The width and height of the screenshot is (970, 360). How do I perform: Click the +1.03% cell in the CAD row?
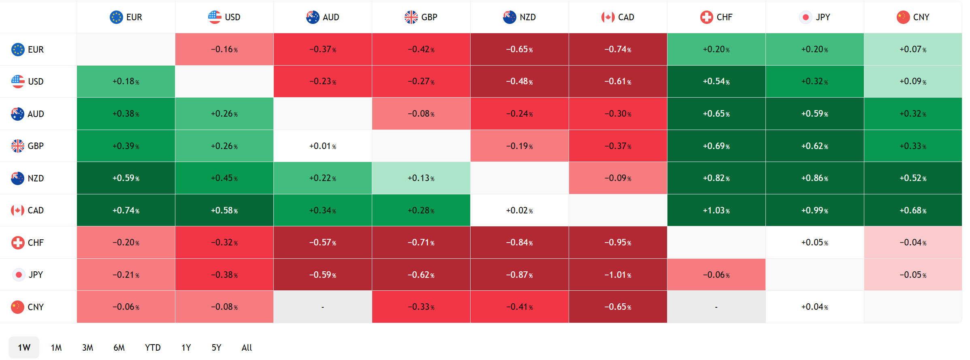[716, 210]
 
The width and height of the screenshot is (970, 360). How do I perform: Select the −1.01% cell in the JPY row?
[618, 275]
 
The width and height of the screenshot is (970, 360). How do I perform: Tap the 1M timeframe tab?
[56, 347]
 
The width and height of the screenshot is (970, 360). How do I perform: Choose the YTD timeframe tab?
[153, 347]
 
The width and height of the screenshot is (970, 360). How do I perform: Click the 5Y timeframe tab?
[216, 347]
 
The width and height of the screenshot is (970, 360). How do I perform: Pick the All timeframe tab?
[247, 347]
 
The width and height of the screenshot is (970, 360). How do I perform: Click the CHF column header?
[716, 17]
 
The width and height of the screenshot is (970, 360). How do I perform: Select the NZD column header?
[519, 17]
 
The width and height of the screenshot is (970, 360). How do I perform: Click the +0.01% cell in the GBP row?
[322, 146]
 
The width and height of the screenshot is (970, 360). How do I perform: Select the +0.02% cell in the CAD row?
[519, 210]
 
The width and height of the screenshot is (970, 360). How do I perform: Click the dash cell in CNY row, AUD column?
[322, 307]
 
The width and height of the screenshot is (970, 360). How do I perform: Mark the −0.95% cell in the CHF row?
[618, 243]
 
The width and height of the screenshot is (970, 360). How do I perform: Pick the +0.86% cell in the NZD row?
[814, 178]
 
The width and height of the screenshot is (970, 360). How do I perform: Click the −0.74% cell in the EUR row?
[618, 49]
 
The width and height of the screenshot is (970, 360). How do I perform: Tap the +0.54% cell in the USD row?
[716, 81]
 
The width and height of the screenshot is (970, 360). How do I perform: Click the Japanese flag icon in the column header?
[806, 17]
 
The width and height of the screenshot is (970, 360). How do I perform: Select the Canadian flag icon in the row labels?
[17, 210]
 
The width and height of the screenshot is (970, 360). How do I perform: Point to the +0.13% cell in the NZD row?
[421, 178]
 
